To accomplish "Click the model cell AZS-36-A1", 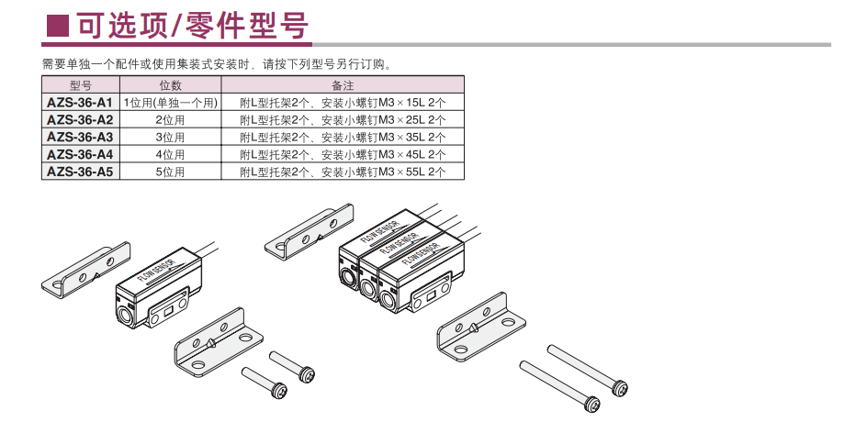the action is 81,103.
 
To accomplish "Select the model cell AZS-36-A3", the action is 81,137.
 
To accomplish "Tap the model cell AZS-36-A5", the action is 81,172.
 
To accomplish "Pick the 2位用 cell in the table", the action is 170,120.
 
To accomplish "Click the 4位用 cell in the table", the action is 170,155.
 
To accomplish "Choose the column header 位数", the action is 170,85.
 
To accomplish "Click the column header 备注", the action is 343,85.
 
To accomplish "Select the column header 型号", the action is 81,85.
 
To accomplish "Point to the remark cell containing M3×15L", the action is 343,103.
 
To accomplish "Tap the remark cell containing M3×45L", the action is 343,155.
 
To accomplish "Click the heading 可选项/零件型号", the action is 193,25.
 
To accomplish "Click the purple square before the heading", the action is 58,26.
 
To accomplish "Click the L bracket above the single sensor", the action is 86,268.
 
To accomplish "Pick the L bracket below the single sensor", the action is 219,342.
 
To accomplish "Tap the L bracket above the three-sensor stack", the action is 310,232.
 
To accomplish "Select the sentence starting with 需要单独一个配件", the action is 218,64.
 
